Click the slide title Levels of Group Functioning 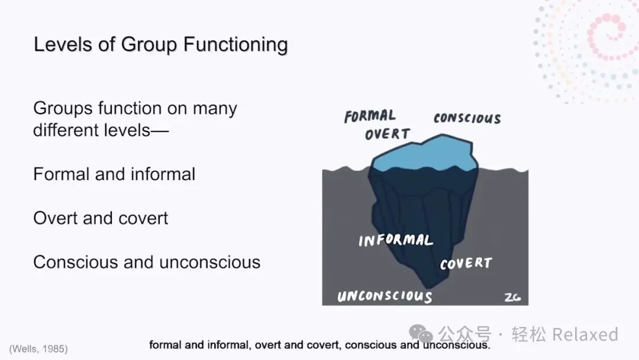click(x=160, y=45)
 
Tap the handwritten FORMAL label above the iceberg click(x=370, y=115)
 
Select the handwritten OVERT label click(x=387, y=134)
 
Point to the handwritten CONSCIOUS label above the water click(x=467, y=118)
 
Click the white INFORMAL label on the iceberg click(x=396, y=240)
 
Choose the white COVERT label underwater click(x=466, y=263)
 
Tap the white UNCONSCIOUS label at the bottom click(x=385, y=296)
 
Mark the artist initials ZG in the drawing click(x=512, y=297)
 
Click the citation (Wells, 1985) click(x=38, y=349)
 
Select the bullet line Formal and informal click(x=114, y=174)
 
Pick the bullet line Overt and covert click(x=101, y=218)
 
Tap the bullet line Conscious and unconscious click(x=147, y=262)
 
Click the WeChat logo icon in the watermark click(x=421, y=335)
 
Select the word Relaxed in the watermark click(x=585, y=335)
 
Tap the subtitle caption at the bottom click(x=319, y=345)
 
